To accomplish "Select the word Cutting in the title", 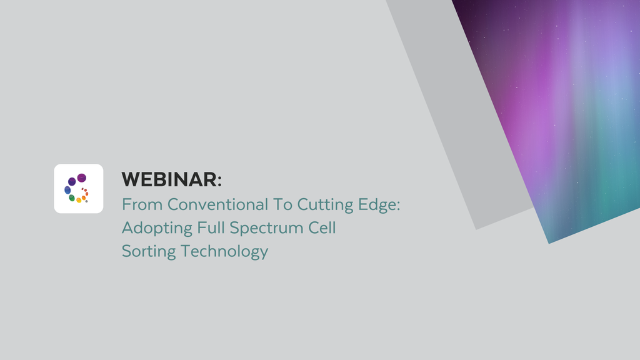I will (x=321, y=204).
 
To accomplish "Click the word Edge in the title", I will (x=374, y=206).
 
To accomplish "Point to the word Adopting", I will (x=157, y=229).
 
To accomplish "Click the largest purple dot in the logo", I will (x=82, y=178).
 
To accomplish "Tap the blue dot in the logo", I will (x=67, y=190).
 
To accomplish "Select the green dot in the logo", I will (x=72, y=198).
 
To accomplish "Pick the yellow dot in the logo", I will (x=79, y=201).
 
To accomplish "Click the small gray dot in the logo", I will (x=86, y=201).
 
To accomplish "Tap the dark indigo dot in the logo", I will (x=72, y=181).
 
